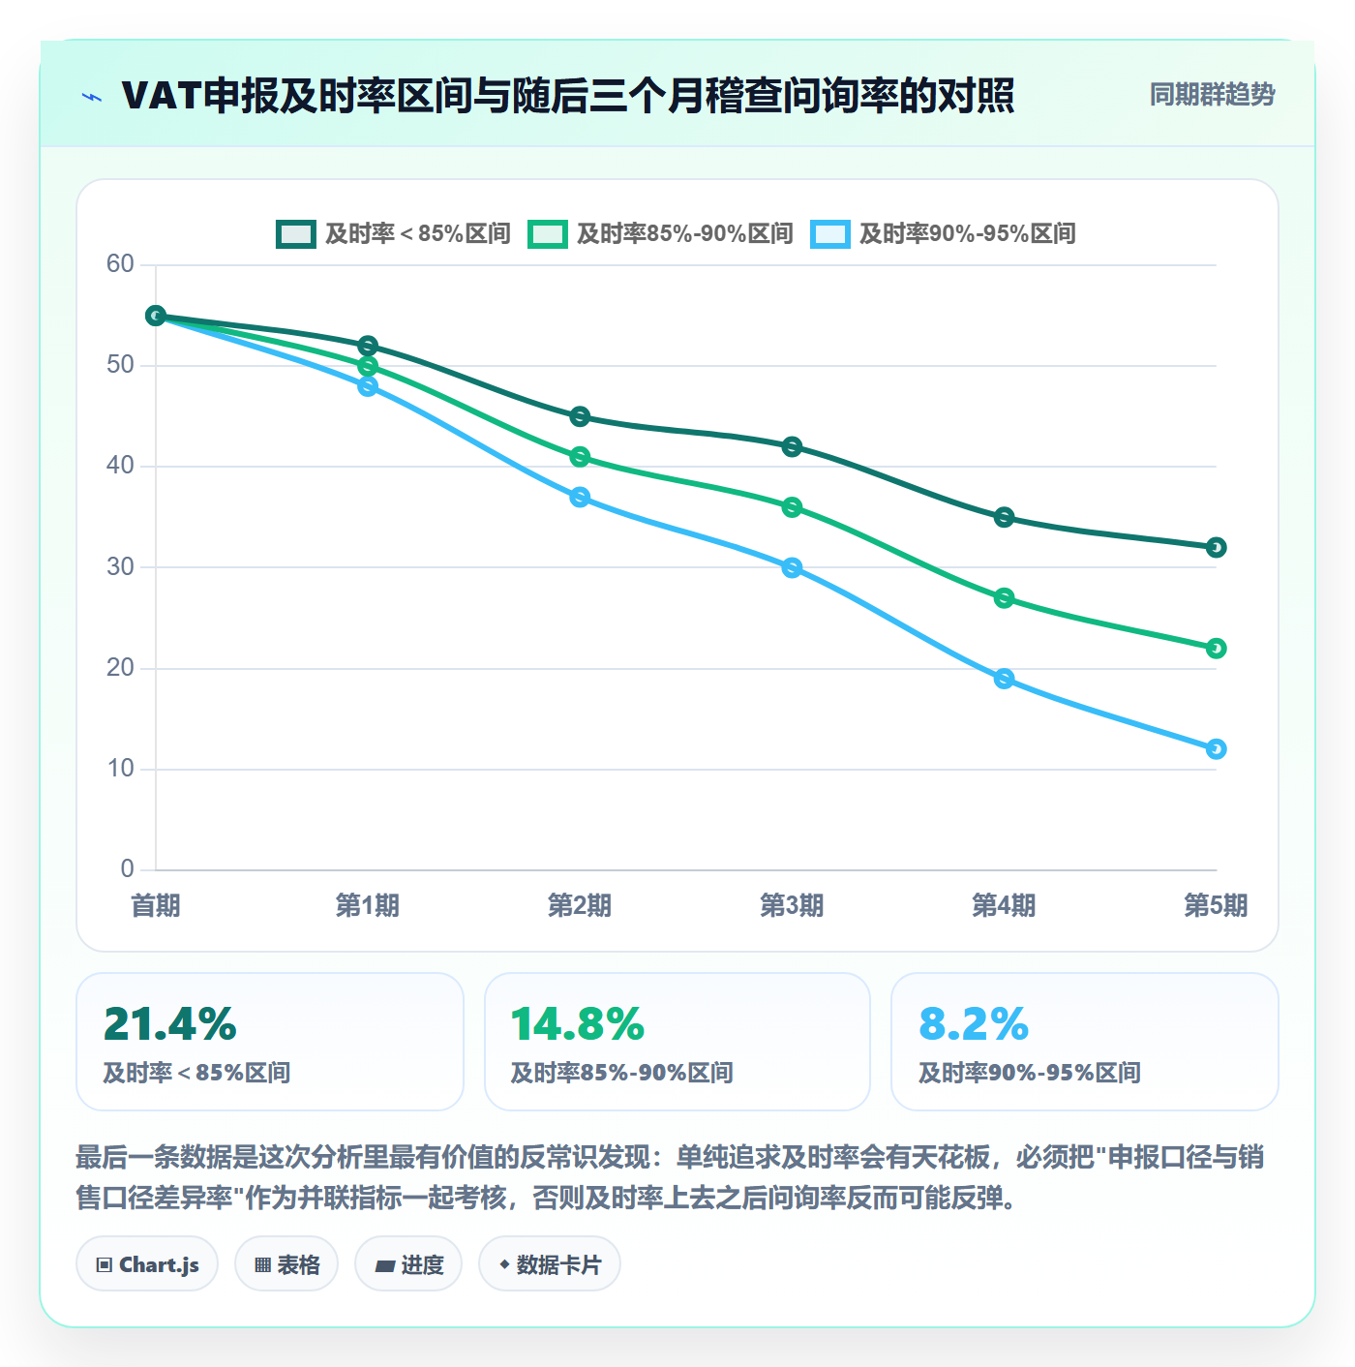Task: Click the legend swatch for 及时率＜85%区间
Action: pyautogui.click(x=295, y=234)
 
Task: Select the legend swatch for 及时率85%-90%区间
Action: pyautogui.click(x=547, y=234)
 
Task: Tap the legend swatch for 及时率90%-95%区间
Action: pyautogui.click(x=829, y=234)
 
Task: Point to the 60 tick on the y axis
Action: pyautogui.click(x=121, y=264)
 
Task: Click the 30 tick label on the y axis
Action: pyautogui.click(x=121, y=566)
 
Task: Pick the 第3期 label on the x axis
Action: pyautogui.click(x=792, y=905)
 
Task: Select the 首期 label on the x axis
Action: pyautogui.click(x=156, y=905)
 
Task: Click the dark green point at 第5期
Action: pyautogui.click(x=1216, y=548)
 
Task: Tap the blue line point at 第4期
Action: pyautogui.click(x=1003, y=679)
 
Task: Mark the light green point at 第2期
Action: pyautogui.click(x=580, y=457)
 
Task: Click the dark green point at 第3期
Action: pyautogui.click(x=792, y=447)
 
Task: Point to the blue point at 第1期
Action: pyautogui.click(x=368, y=386)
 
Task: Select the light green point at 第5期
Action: pyautogui.click(x=1216, y=649)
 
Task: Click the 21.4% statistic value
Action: pyautogui.click(x=169, y=1024)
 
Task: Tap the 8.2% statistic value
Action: pyautogui.click(x=974, y=1024)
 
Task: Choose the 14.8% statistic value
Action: pyautogui.click(x=578, y=1024)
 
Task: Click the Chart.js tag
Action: pyautogui.click(x=147, y=1264)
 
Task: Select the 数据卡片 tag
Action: pyautogui.click(x=549, y=1264)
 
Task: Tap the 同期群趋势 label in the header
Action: pyautogui.click(x=1212, y=94)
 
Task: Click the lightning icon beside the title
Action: pyautogui.click(x=92, y=97)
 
